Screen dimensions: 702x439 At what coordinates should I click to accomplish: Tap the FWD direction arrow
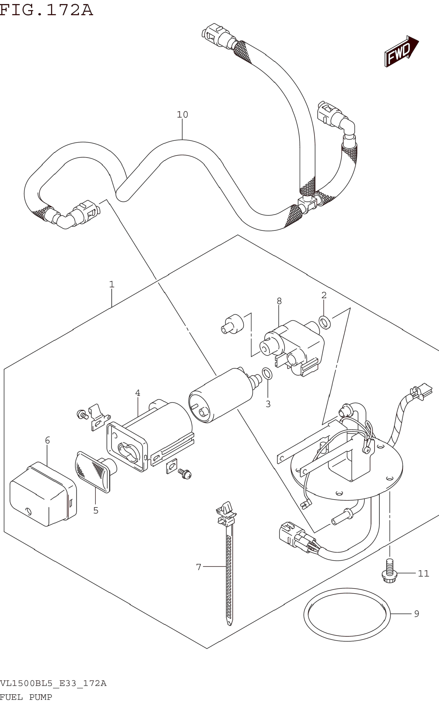point(401,51)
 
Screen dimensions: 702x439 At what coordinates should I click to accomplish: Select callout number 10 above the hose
point(182,114)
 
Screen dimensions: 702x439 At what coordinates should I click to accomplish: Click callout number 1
point(112,284)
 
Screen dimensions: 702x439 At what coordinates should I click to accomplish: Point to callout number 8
point(279,301)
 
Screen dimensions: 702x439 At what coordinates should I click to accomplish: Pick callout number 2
point(324,295)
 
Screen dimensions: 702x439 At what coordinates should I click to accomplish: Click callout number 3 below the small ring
point(268,404)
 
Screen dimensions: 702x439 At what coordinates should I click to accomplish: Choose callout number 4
point(138,393)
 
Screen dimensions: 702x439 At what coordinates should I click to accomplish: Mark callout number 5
point(96,510)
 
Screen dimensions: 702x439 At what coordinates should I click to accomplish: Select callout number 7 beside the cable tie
point(199,567)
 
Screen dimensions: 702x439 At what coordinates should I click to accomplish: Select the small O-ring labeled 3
point(267,373)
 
